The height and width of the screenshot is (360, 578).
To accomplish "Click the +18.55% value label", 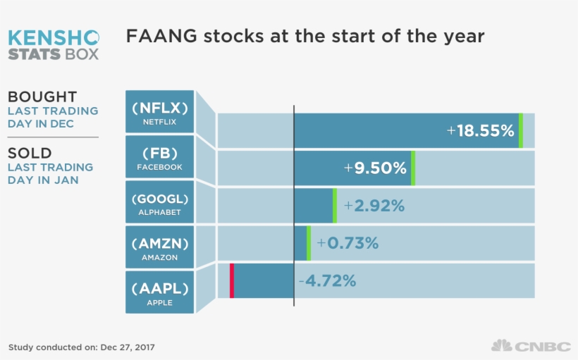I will (x=481, y=130).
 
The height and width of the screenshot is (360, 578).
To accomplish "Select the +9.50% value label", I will (x=375, y=168).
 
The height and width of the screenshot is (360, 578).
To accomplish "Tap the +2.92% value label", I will (x=374, y=206).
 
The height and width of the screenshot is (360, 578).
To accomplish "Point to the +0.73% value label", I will (x=348, y=243).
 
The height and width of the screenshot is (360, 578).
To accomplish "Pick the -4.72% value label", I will (x=327, y=281).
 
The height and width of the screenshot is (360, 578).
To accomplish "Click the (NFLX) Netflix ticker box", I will (x=159, y=112).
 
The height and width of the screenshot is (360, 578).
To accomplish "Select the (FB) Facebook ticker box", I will (x=159, y=157).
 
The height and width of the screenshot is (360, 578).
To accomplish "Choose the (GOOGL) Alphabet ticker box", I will (x=159, y=202).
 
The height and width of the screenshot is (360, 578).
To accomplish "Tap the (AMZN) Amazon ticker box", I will (x=159, y=247).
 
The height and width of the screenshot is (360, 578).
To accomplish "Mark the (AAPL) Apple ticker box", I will (x=159, y=292).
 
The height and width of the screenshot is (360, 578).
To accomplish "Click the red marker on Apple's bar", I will (x=232, y=281).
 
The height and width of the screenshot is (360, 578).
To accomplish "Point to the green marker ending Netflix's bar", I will (x=521, y=130).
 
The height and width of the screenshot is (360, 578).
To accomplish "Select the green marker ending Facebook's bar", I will (x=413, y=168).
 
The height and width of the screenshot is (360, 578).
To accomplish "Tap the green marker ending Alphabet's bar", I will (x=335, y=206).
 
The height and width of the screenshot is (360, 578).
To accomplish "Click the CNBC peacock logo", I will (x=501, y=345).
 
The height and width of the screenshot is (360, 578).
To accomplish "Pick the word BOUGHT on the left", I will (x=42, y=97).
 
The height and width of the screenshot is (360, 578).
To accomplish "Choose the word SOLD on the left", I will (x=30, y=153).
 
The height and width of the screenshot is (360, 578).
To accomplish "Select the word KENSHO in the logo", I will (x=54, y=37).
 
